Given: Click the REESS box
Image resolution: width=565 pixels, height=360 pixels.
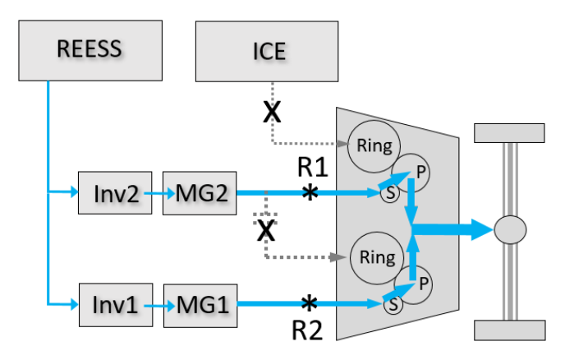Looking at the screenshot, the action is [x=90, y=50].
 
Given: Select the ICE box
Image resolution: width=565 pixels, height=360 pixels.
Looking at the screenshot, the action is [x=267, y=51].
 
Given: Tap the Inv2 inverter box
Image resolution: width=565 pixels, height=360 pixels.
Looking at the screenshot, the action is [x=115, y=193].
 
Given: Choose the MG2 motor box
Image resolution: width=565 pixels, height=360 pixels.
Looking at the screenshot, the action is [x=200, y=193].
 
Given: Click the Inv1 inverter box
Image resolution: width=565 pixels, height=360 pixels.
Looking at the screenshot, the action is [x=116, y=305].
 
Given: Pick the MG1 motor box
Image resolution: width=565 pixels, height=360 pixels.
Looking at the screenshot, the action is [x=200, y=306].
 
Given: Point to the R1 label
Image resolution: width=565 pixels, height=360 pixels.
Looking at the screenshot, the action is [x=312, y=168].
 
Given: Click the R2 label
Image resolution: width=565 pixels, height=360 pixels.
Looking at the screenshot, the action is [x=307, y=330].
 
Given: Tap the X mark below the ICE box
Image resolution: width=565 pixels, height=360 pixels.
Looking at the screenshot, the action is [x=272, y=112].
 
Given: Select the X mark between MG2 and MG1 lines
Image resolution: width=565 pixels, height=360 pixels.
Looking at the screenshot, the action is [x=266, y=230].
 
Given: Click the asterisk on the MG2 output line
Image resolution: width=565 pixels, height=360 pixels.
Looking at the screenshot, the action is [x=310, y=192].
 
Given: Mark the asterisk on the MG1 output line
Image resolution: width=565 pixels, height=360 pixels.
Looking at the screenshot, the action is [x=309, y=303].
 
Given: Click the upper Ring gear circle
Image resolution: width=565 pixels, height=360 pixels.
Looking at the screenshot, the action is [x=374, y=146].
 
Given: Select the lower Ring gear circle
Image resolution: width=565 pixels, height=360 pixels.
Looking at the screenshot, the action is [x=377, y=258].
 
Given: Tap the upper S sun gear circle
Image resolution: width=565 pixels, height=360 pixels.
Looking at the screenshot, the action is [x=390, y=193].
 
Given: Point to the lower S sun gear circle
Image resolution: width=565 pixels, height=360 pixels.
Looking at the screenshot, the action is [x=393, y=304].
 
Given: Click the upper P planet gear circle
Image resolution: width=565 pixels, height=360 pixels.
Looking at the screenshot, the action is [x=411, y=173].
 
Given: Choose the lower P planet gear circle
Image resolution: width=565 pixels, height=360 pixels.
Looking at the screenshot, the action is [x=413, y=285].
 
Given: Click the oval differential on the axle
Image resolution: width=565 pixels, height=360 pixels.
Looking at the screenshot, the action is [x=510, y=230].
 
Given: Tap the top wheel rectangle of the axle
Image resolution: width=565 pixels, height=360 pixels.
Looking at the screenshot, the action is [x=509, y=133].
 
